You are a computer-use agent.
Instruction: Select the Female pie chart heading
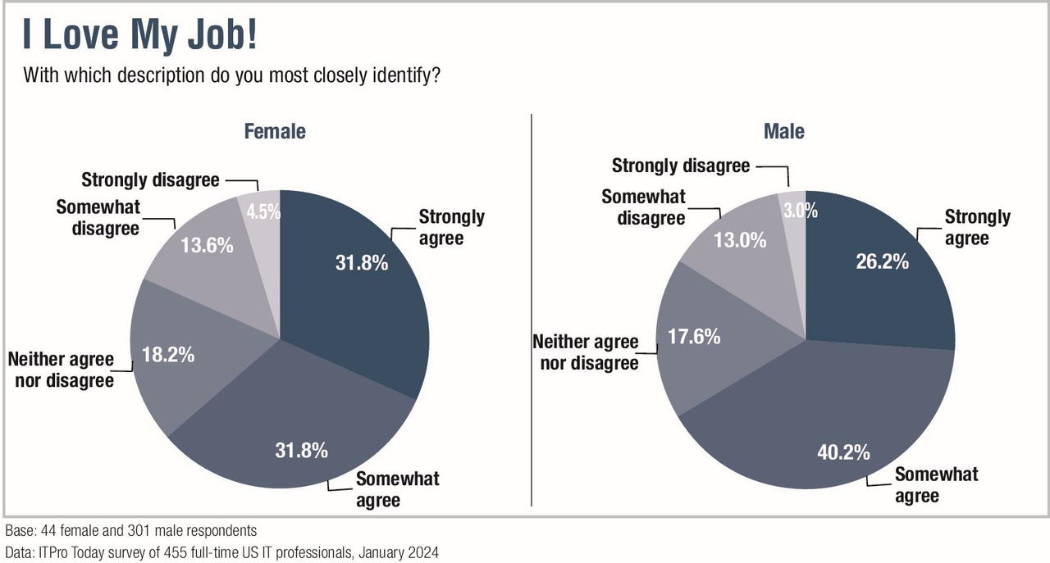275,131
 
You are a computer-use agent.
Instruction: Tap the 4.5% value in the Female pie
264,211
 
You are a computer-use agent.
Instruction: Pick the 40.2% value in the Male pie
842,452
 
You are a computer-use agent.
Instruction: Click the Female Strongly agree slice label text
451,228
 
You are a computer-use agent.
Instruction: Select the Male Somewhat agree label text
936,485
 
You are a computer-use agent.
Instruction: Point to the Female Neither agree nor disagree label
61,370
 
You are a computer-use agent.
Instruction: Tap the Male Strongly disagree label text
681,166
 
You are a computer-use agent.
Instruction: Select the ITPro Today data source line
221,552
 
